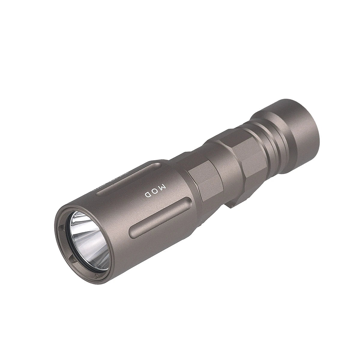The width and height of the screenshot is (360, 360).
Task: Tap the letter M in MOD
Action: [162, 188]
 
